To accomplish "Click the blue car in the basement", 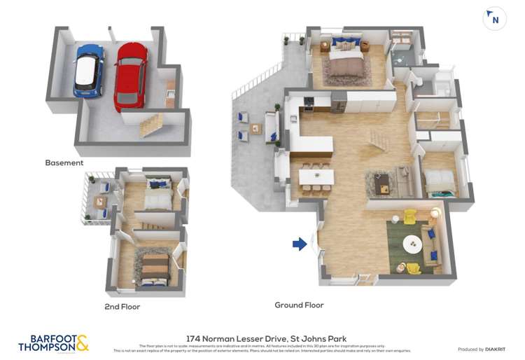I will [x=89, y=70].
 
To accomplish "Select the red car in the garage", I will [x=130, y=75].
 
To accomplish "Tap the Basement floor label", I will [x=64, y=162].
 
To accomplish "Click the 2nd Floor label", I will [x=122, y=307].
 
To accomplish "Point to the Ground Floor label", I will [x=299, y=305].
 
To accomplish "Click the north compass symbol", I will [x=495, y=19].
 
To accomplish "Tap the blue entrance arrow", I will [x=300, y=244].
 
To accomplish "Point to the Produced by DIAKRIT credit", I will [x=482, y=349].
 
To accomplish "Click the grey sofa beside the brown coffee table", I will [x=405, y=181].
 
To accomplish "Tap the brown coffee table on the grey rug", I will [x=383, y=185].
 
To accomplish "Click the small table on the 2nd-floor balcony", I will [x=101, y=202].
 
